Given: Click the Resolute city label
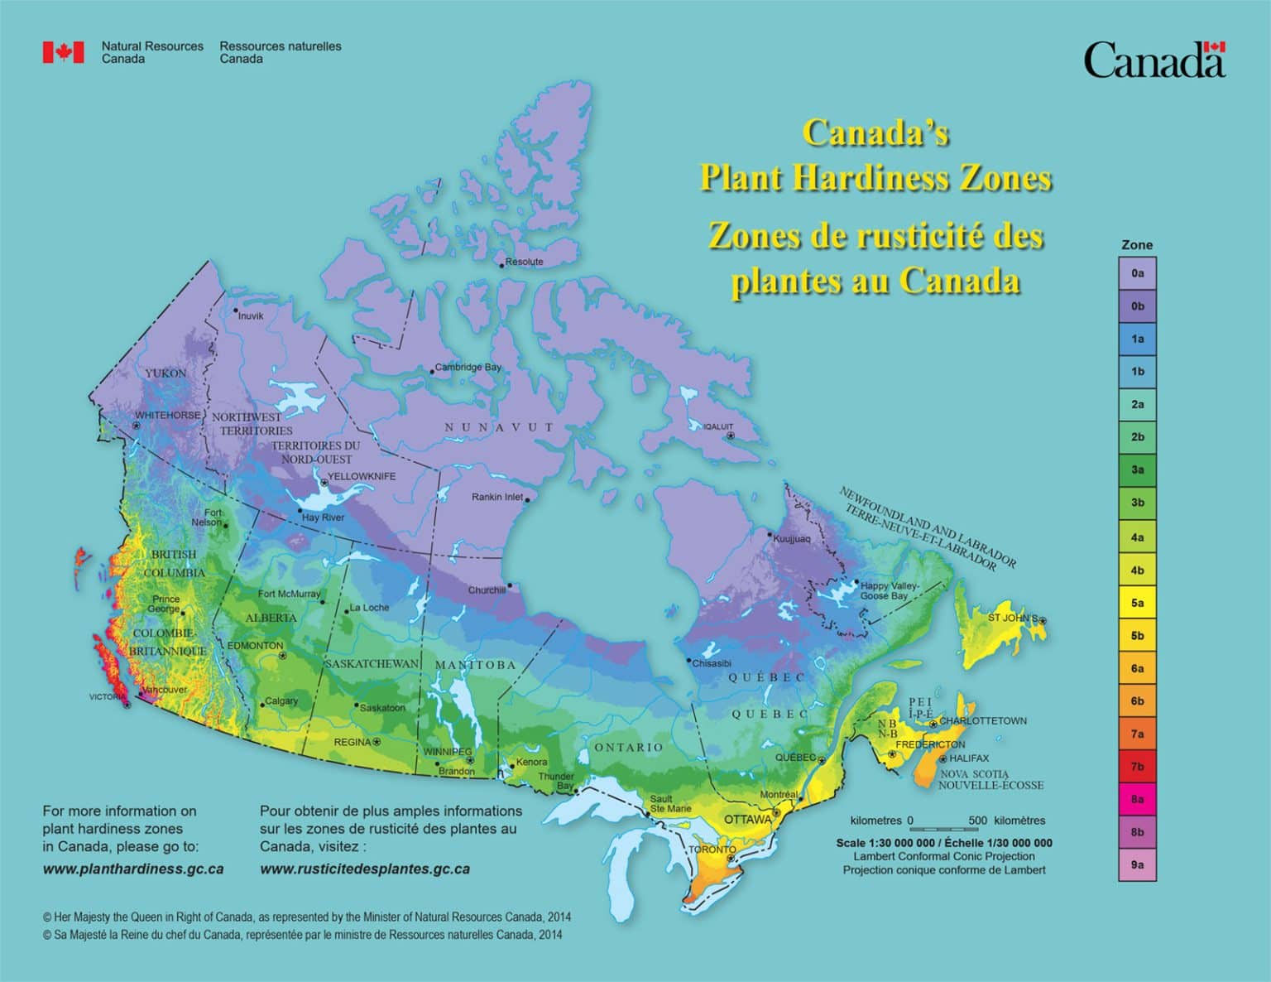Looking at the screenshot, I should [x=524, y=262].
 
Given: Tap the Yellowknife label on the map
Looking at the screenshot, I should [x=361, y=476].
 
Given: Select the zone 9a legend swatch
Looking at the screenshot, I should [x=1137, y=864].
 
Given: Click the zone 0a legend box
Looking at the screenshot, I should [x=1137, y=272].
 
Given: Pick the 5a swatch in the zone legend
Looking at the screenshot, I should [x=1137, y=603].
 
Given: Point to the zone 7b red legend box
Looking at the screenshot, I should [x=1137, y=767].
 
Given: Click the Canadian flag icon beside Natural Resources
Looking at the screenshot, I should [x=63, y=52].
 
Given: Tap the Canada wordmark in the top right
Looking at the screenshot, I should [x=1153, y=60].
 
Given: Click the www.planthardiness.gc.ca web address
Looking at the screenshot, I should [x=132, y=869].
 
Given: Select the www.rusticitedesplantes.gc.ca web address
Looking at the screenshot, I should [x=365, y=869].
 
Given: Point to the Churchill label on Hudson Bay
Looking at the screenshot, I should [x=487, y=590].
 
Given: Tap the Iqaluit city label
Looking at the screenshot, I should [x=717, y=427].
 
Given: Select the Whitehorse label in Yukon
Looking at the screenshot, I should [x=167, y=415].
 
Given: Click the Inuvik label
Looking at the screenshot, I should [x=250, y=316].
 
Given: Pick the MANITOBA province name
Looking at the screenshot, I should [x=475, y=665].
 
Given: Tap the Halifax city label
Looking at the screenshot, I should [x=968, y=758].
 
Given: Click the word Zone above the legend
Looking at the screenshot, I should [x=1136, y=245].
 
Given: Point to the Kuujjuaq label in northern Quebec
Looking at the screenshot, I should [x=792, y=539].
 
